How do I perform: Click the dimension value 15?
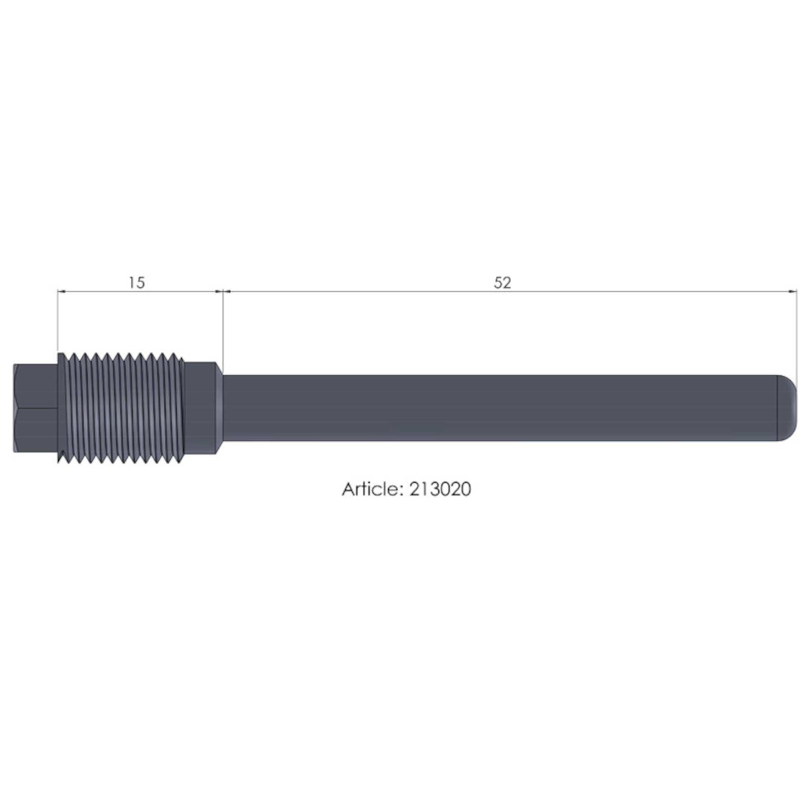coord(136,283)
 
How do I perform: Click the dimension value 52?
coord(502,283)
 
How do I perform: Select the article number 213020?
coord(440,489)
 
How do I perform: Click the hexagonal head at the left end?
coord(36,408)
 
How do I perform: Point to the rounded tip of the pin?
coord(787,408)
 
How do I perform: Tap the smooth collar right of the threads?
coord(201,408)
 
